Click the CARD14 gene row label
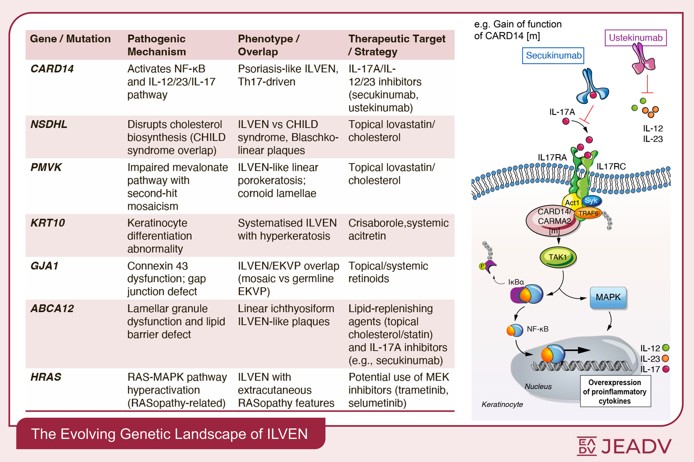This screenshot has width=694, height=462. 52,69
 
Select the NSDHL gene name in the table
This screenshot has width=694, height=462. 49,124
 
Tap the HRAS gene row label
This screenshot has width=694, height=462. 46,377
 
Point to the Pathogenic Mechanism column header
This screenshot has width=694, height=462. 157,45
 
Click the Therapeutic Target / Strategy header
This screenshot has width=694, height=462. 397,45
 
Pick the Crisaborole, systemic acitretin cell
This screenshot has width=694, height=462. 398,229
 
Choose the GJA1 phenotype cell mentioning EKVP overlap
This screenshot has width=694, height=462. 288,279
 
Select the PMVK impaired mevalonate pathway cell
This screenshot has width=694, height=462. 177,187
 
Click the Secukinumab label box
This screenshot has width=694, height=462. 553,56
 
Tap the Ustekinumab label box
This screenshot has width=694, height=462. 635,38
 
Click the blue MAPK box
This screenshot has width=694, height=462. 608,298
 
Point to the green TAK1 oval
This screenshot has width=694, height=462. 558,257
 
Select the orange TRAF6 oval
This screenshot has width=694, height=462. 588,213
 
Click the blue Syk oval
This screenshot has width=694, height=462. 591,201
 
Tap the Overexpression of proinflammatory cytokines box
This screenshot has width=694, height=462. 615,391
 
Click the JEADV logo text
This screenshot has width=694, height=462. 636,446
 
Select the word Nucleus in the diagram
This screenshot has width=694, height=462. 538,387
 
